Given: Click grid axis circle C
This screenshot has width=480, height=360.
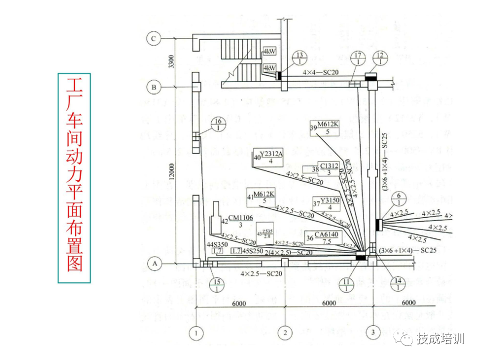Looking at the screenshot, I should click(x=154, y=38).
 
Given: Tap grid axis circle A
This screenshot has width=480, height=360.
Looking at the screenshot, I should click(x=154, y=262).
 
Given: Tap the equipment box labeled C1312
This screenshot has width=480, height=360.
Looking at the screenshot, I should click(x=329, y=168).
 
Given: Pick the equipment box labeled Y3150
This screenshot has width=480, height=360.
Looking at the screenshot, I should click(x=330, y=203).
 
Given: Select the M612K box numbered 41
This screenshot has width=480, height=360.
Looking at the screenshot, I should click(x=264, y=196).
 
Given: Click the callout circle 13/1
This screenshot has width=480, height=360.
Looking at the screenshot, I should click(x=299, y=57).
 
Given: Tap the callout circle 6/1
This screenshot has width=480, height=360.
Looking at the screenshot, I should click(x=398, y=199).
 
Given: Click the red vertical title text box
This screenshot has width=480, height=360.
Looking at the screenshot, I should click(x=74, y=178).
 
